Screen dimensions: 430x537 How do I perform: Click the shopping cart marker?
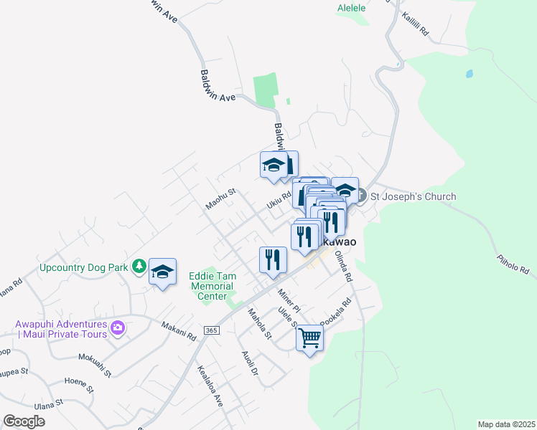point(309,338)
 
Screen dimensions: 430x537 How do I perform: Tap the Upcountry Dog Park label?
point(83,267)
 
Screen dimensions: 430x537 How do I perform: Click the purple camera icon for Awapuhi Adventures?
point(118,329)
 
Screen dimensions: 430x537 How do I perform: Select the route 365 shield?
point(210,330)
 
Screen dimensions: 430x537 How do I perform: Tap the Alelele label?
point(351,8)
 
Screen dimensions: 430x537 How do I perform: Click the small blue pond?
point(469,73)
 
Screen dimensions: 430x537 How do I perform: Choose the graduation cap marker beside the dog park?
point(163,272)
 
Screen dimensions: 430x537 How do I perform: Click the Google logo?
point(24,421)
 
